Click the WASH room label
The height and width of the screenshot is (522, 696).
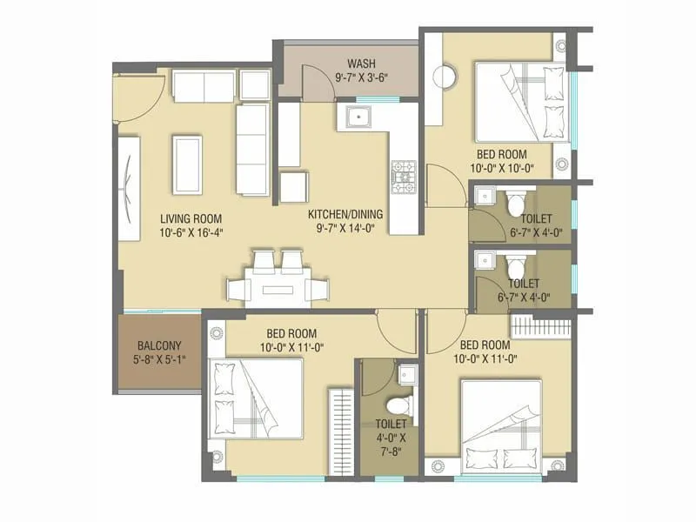361,64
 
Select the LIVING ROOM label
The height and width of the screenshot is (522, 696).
191,218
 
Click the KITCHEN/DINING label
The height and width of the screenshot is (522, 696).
346,214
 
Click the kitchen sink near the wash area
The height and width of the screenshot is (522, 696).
358,116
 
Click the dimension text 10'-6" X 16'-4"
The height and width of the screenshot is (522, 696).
191,233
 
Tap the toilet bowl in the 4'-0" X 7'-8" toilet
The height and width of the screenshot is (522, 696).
398,405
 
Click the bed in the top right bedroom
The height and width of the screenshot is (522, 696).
523,99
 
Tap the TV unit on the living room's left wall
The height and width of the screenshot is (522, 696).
128,188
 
